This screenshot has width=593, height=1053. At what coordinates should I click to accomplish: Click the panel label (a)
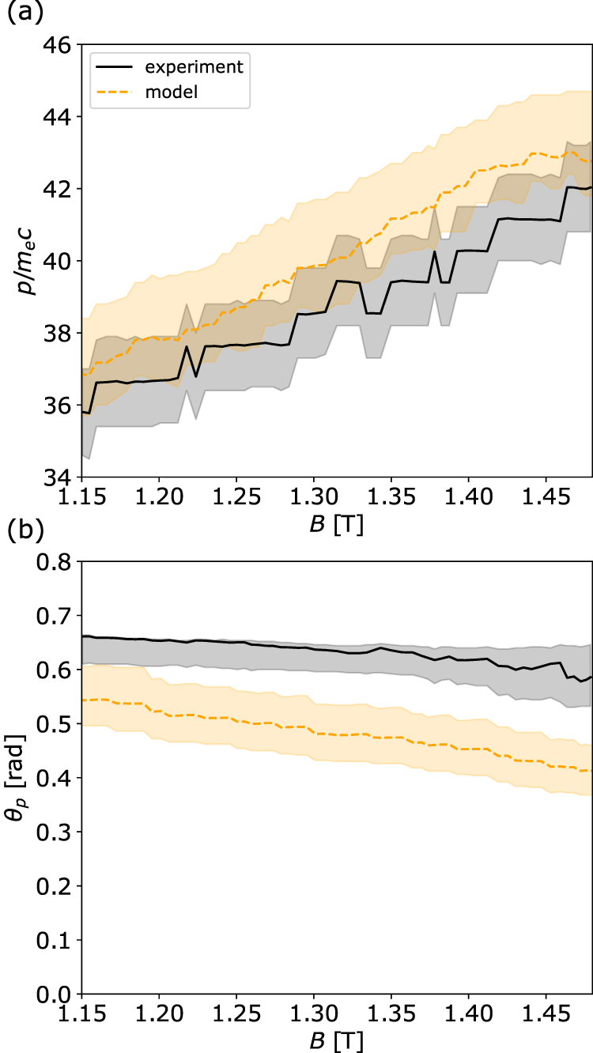(21, 13)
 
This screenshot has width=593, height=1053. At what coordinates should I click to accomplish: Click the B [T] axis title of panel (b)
(337, 1041)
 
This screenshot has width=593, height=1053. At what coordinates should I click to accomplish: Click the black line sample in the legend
(115, 66)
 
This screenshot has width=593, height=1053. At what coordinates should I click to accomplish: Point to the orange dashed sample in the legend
(115, 92)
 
